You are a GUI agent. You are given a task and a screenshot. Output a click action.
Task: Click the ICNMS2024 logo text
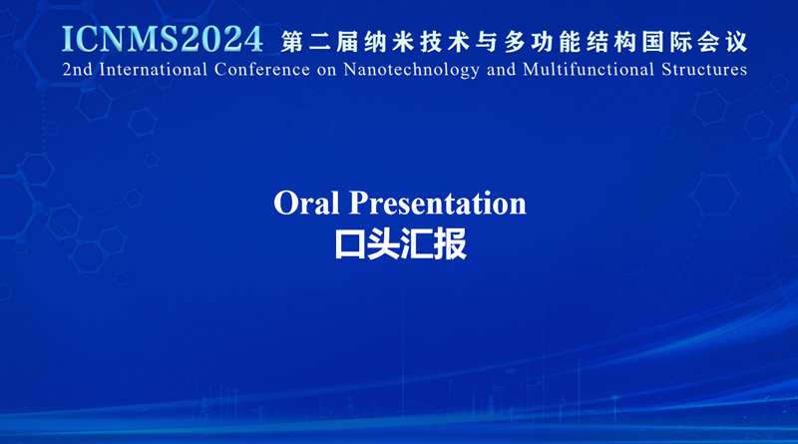point(163,39)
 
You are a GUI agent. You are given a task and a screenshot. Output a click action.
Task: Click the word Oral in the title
point(306,203)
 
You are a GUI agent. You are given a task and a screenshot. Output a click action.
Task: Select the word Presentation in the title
point(438,204)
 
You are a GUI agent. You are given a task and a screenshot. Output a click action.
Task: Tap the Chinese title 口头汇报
point(401,244)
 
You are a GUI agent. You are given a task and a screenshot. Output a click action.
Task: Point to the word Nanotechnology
point(411,70)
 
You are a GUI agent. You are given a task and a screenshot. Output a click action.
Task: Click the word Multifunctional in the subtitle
point(589,69)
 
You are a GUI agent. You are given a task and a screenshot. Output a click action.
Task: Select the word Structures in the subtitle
point(704,69)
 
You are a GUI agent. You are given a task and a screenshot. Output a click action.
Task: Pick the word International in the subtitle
point(154,69)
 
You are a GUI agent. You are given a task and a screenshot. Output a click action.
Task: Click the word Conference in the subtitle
point(262,69)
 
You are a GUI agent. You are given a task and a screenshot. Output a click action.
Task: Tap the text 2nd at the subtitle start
point(78,69)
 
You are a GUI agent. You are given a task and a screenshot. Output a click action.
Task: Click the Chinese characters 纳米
point(389,42)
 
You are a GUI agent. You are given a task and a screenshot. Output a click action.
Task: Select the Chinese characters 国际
point(666,42)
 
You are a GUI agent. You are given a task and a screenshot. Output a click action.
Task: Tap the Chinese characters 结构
point(611,42)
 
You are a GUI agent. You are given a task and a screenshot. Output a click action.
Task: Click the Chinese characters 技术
point(444,42)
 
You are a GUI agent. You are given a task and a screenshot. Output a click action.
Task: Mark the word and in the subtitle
point(502,69)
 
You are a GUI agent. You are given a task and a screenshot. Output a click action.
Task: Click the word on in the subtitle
point(327,71)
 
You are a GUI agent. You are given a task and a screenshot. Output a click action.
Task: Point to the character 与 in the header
point(487,42)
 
